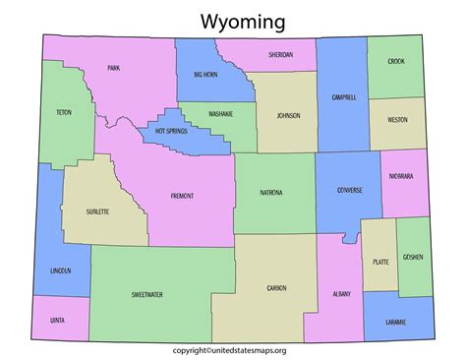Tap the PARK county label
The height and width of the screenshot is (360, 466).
(x=115, y=69)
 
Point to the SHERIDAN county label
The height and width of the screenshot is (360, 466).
(x=279, y=55)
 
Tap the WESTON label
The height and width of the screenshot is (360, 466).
(x=398, y=119)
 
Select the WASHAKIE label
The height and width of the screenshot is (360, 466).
(x=221, y=114)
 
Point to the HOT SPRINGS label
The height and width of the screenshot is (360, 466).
(x=173, y=130)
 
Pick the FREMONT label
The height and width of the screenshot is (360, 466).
(x=182, y=196)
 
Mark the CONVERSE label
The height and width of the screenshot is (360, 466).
(x=349, y=190)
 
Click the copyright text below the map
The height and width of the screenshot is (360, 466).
(x=234, y=349)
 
